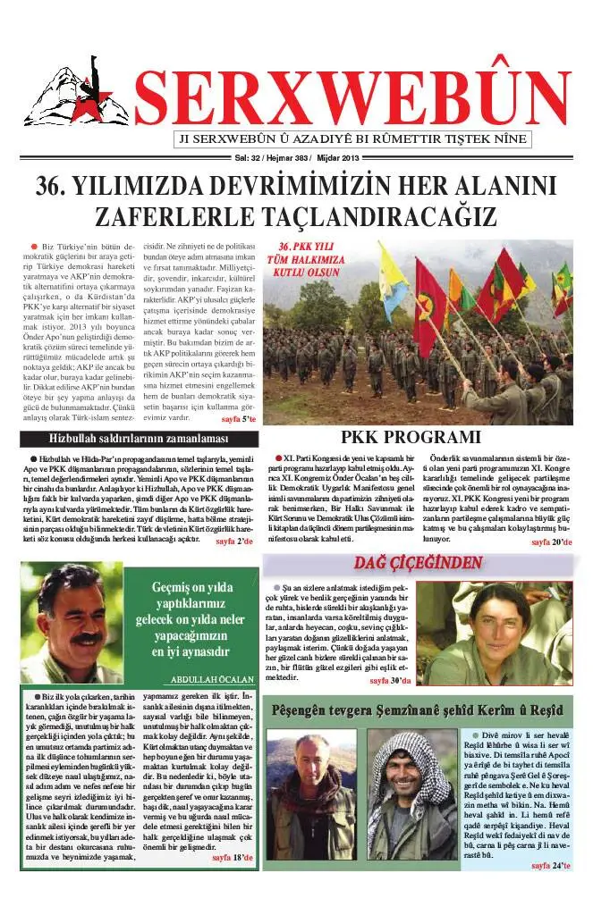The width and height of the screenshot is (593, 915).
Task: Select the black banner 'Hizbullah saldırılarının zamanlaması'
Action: click(139, 439)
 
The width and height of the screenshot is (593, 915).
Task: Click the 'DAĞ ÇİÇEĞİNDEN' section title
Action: click(418, 563)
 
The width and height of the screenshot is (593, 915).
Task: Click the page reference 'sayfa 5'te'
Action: click(238, 418)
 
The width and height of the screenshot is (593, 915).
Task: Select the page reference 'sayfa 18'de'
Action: click(233, 858)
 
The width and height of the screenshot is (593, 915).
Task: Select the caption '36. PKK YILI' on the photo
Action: click(308, 247)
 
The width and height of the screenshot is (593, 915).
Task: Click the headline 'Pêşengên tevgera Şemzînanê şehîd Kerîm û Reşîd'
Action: click(418, 710)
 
